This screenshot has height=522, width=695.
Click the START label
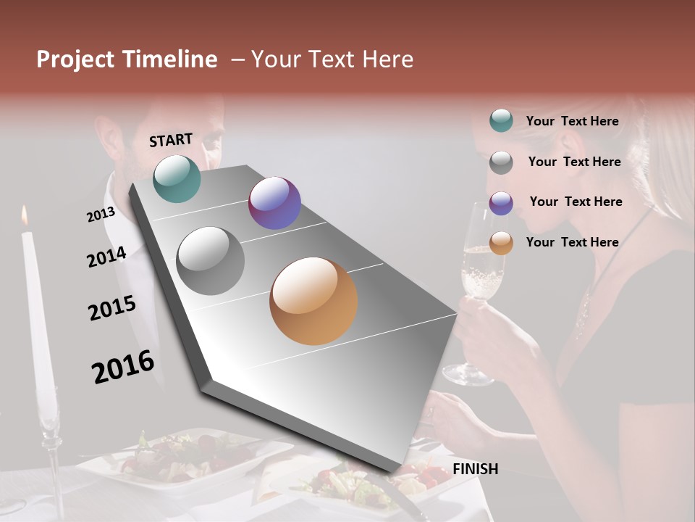[171, 140]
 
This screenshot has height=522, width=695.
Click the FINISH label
[475, 469]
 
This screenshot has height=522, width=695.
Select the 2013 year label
[101, 215]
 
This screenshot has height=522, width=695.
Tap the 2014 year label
[106, 257]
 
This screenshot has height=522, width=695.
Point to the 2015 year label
[112, 308]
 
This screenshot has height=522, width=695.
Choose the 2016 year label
[123, 367]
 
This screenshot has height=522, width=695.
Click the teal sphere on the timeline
[177, 178]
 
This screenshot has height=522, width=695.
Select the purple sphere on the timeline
[274, 203]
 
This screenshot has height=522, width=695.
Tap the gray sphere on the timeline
[211, 261]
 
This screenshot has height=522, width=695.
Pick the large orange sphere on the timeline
[313, 301]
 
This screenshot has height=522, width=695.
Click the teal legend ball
[501, 121]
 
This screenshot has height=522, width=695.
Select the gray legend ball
[501, 162]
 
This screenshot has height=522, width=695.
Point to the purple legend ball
[501, 203]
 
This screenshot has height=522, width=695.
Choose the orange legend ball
[501, 244]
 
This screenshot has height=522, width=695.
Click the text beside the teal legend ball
[572, 122]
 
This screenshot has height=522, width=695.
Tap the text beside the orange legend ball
[572, 242]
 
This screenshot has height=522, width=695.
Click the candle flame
[25, 215]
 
